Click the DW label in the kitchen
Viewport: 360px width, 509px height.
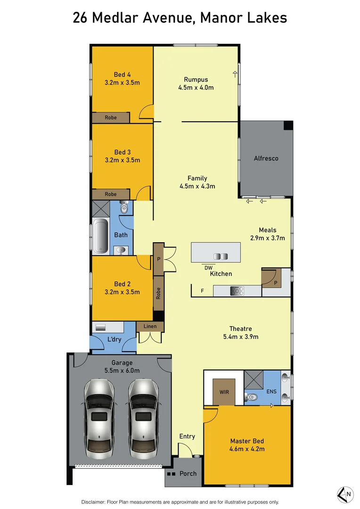208,267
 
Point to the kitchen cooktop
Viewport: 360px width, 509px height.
237,291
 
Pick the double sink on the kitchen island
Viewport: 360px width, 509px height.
221,256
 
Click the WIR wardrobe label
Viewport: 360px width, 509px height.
224,392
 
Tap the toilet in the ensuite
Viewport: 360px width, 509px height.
251,397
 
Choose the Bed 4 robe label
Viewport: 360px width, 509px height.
111,118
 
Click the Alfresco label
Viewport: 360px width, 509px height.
266,158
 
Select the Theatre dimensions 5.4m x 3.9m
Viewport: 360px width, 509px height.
240,337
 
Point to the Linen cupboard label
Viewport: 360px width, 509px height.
150,326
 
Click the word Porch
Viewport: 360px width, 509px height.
188,473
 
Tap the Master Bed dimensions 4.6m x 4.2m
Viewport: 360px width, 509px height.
247,449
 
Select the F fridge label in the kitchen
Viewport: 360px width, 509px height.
202,291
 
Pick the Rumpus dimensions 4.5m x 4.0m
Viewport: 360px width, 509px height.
196,87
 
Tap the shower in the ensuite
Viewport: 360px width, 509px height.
254,379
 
